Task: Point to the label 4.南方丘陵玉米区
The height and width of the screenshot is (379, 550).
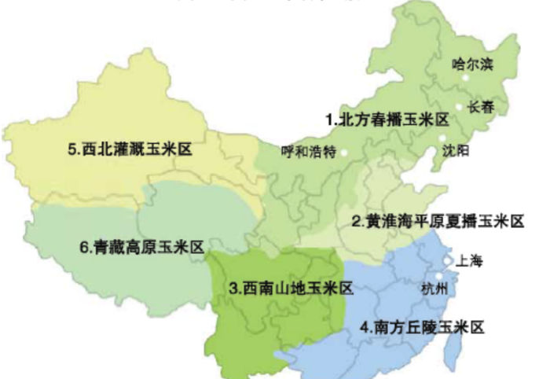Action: coord(420,327)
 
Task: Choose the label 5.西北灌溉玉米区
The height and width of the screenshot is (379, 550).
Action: coord(130,148)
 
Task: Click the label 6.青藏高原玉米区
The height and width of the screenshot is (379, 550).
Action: coord(141,246)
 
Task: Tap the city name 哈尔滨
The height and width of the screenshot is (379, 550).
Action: coord(473,65)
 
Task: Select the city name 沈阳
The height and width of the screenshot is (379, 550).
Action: coord(456,149)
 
